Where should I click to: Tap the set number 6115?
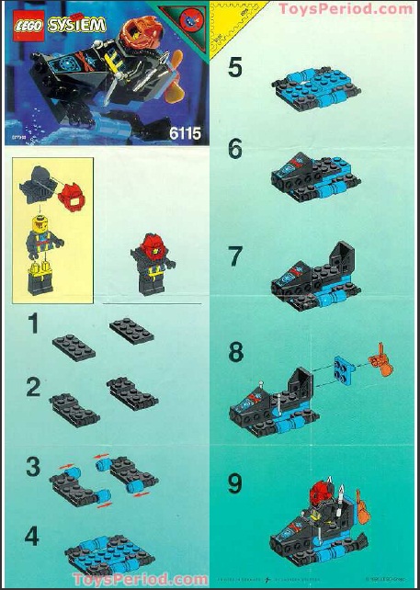(x=183, y=134)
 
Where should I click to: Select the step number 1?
(x=33, y=323)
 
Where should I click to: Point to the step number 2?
(x=33, y=387)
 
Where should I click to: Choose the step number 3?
(x=33, y=466)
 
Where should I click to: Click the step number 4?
(x=33, y=536)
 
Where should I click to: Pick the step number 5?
(x=237, y=69)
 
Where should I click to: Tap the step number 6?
(x=237, y=149)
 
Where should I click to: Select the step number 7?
(x=237, y=255)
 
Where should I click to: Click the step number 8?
(x=237, y=353)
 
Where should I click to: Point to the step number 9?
(x=237, y=481)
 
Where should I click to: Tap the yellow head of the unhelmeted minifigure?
(x=39, y=223)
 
